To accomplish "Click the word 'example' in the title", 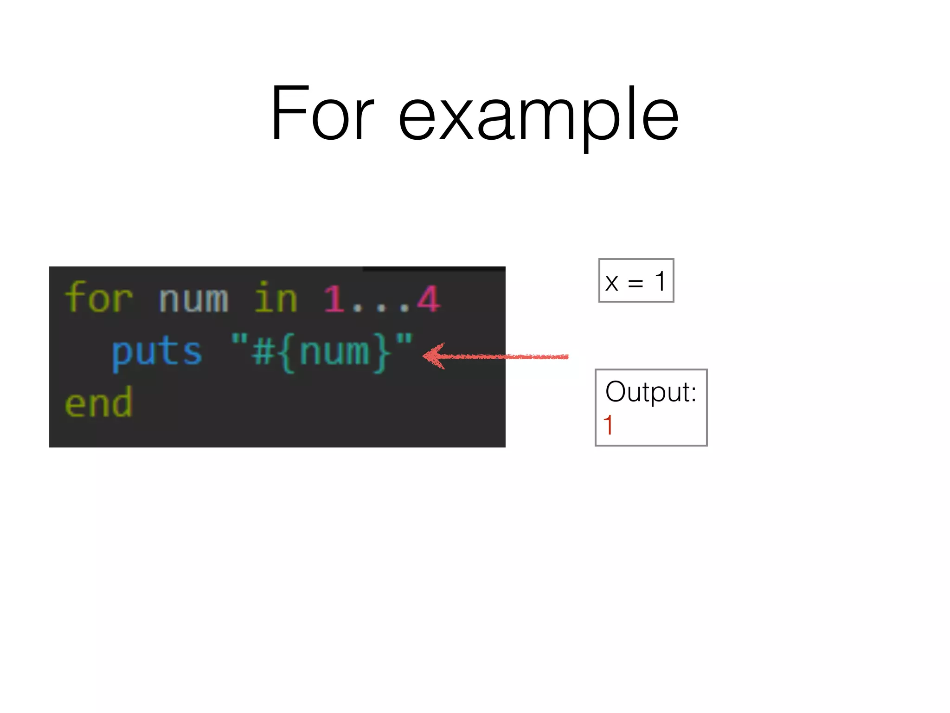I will pyautogui.click(x=539, y=117).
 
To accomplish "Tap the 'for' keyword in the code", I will pyautogui.click(x=99, y=298).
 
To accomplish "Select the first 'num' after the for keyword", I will pyautogui.click(x=193, y=300).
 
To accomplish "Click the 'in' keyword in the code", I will pyautogui.click(x=276, y=298).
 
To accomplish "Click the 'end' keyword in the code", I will pyautogui.click(x=99, y=403).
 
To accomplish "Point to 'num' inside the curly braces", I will pyautogui.click(x=334, y=352).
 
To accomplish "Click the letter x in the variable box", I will pyautogui.click(x=612, y=283).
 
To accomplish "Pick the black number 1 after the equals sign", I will pyautogui.click(x=660, y=281).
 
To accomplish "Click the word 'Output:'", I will pyautogui.click(x=651, y=392).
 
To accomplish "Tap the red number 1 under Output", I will pyautogui.click(x=608, y=425).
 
